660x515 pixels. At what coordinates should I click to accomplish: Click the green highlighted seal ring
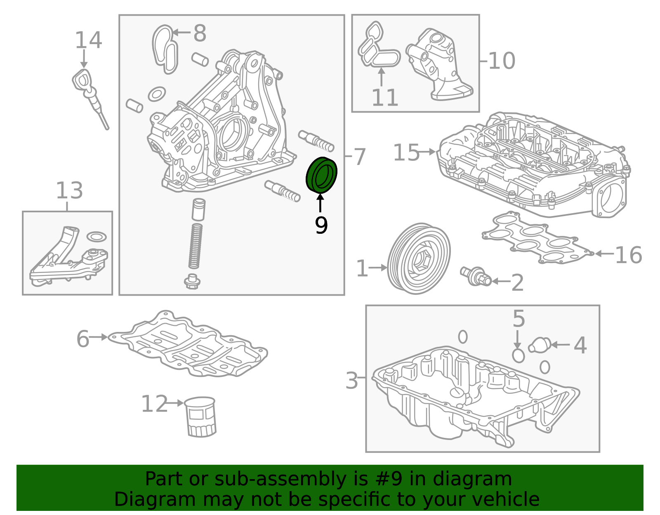click(322, 175)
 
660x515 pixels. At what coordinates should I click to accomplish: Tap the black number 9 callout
click(321, 225)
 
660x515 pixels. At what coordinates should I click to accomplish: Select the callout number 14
click(88, 40)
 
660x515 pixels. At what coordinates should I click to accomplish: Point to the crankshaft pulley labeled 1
click(419, 259)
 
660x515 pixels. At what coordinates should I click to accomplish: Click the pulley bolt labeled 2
click(476, 275)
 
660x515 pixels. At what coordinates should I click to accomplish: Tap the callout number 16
click(628, 255)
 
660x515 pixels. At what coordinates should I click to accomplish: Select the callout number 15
click(406, 153)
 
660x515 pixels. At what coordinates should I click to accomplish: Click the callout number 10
click(502, 61)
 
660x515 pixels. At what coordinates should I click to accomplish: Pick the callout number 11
click(384, 98)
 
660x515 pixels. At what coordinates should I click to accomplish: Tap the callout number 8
click(200, 33)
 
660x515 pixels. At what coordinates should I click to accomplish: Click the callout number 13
click(69, 190)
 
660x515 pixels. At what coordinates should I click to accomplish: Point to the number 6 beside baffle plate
click(82, 339)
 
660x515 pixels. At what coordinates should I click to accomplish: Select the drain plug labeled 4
click(540, 345)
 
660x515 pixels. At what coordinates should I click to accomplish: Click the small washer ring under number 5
click(518, 355)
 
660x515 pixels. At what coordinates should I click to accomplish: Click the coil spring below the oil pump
click(196, 246)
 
